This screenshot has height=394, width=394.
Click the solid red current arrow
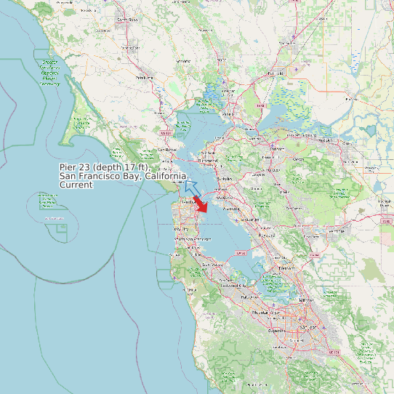[x=201, y=204]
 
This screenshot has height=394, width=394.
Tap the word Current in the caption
[x=76, y=185]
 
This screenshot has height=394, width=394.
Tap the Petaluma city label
[x=144, y=77]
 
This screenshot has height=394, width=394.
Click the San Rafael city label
[x=167, y=150]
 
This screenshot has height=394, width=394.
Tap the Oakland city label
[x=225, y=197]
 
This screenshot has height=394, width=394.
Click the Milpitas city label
[x=306, y=299]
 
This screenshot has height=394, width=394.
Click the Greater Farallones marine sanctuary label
[x=50, y=73]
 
